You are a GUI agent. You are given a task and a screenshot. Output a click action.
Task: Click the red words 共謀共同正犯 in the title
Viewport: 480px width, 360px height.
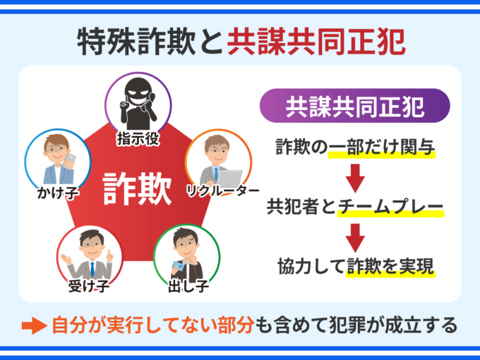pos(316,41)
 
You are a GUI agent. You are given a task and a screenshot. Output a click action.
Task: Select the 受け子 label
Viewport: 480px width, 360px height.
pos(87,286)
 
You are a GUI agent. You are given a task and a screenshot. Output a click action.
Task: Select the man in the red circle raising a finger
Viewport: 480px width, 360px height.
pos(88,256)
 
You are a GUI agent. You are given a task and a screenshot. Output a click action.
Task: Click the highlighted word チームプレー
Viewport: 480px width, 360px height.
pos(390,208)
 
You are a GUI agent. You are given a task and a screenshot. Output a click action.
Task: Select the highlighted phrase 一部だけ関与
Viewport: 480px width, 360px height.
pos(390,148)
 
